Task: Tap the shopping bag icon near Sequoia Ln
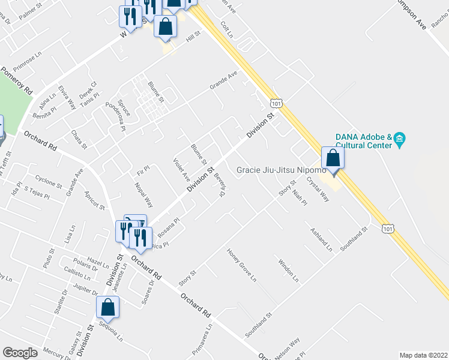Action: [x=108, y=307]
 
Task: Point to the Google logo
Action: [x=20, y=353]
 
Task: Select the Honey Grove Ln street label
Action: [x=241, y=265]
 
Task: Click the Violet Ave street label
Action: [x=181, y=170]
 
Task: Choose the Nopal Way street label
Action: [x=145, y=194]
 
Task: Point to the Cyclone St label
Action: [x=49, y=181]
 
